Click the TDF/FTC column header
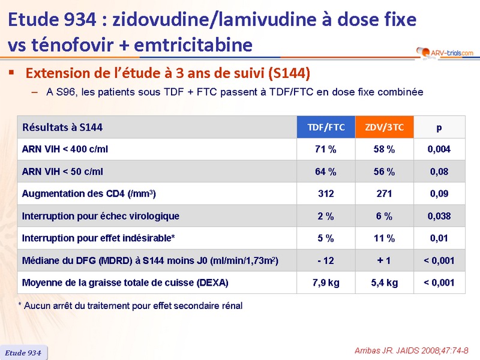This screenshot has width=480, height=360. tap(326, 127)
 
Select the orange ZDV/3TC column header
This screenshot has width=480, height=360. tap(384, 127)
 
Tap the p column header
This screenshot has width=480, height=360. tap(439, 127)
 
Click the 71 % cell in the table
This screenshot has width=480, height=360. tap(326, 149)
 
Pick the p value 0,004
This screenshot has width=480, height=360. tap(439, 149)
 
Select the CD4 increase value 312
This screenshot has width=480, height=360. tap(326, 194)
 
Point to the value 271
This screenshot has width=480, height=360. tap(384, 194)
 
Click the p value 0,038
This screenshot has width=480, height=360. tap(439, 216)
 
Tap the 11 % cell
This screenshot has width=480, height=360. tap(384, 238)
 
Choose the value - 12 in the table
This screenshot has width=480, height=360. tap(326, 260)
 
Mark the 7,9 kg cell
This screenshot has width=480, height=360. tap(326, 283)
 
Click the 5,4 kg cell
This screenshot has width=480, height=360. tap(384, 283)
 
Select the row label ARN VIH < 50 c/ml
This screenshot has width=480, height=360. tap(62, 172)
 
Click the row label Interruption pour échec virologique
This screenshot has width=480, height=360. tap(100, 216)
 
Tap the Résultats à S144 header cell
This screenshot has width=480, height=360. tap(62, 127)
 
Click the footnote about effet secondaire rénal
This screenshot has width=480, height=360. tap(130, 306)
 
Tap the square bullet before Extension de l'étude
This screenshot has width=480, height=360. tap(11, 73)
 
